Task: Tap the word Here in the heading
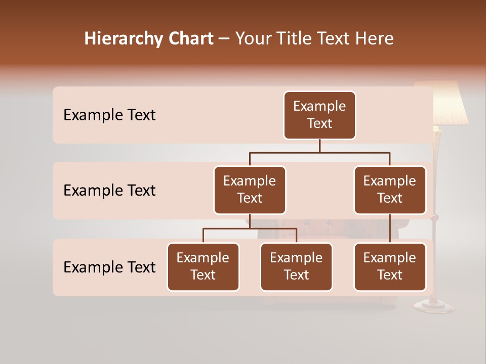(374, 39)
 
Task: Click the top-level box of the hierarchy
(319, 115)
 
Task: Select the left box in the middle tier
(250, 190)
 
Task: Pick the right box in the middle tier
(390, 190)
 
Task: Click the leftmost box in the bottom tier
(203, 267)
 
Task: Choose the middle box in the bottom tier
(296, 267)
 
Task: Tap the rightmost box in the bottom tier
(390, 267)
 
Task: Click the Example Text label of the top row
(109, 115)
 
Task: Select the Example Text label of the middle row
(109, 191)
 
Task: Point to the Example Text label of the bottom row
(109, 267)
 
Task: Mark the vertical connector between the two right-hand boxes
(390, 229)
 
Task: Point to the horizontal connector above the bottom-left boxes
(250, 229)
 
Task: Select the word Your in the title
(250, 39)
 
